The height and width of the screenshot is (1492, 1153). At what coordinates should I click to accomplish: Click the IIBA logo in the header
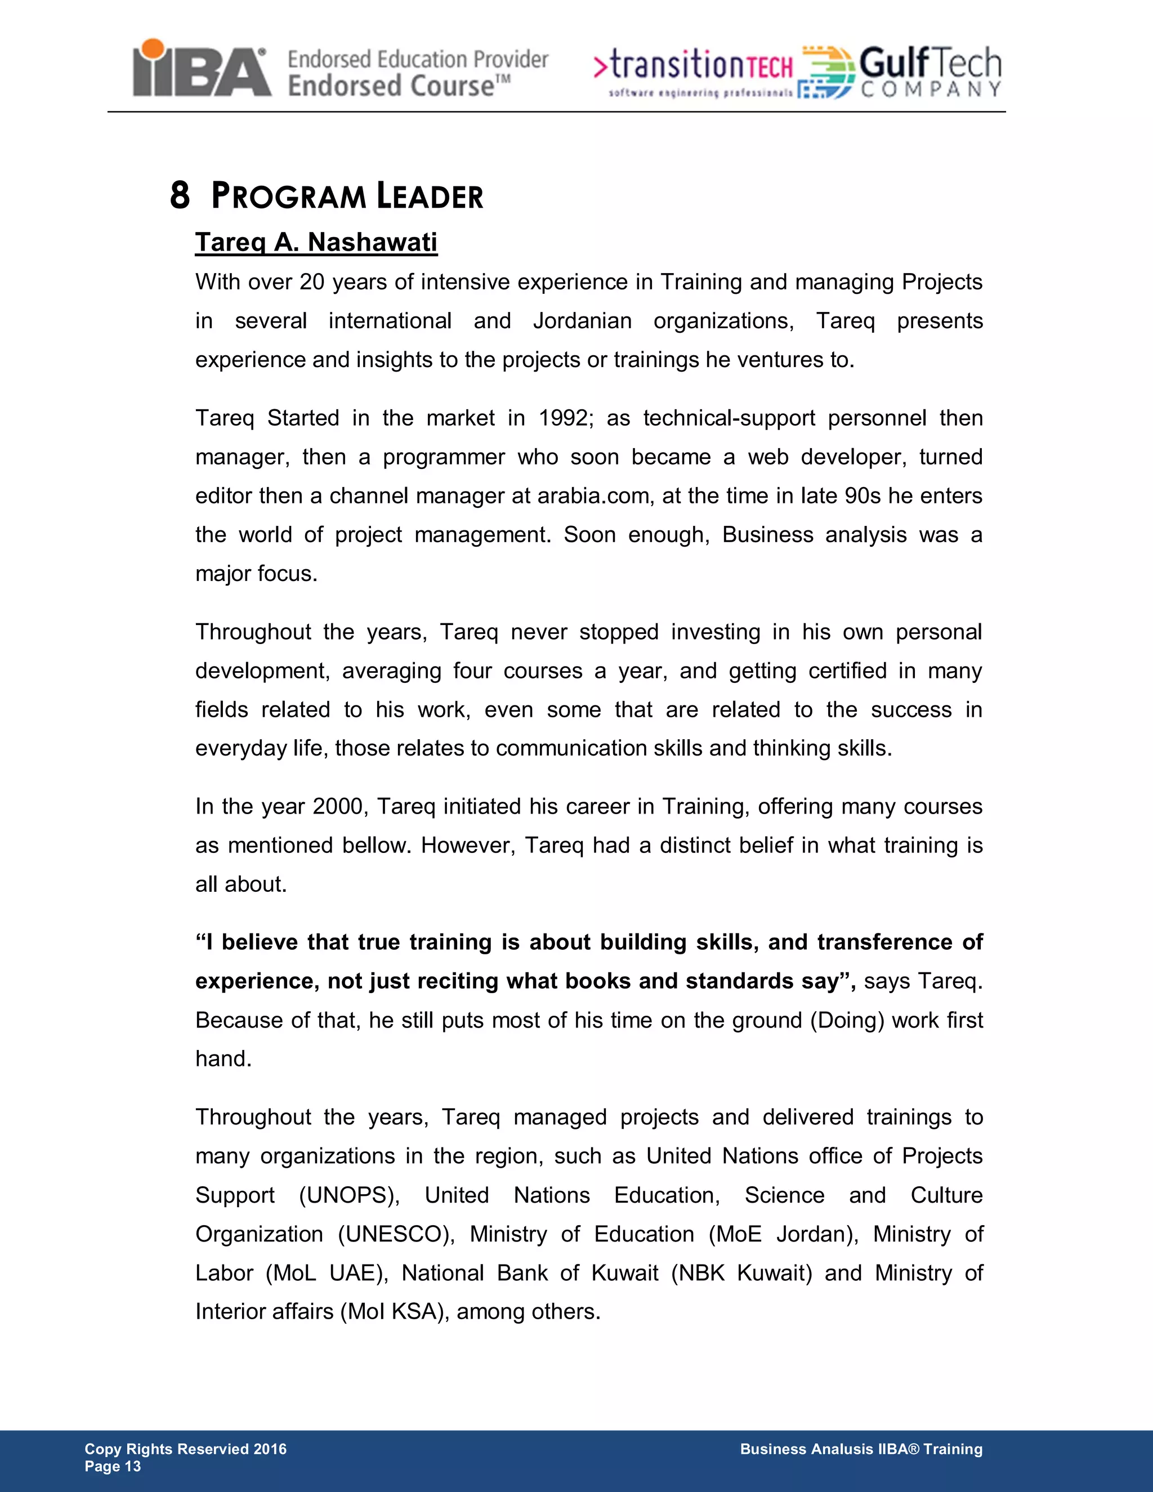click(202, 69)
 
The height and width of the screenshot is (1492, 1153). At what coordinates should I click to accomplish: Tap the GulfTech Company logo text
click(929, 71)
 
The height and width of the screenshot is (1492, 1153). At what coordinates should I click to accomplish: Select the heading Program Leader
click(347, 196)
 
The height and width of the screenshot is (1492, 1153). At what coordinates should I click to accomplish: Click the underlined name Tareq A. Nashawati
click(316, 243)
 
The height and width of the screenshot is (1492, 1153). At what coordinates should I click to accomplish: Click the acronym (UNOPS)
click(349, 1195)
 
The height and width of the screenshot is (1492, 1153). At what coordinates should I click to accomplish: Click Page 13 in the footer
click(113, 1467)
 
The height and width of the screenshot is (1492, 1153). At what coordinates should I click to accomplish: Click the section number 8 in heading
click(179, 196)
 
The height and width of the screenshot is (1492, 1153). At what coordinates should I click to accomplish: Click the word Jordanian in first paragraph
click(582, 321)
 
